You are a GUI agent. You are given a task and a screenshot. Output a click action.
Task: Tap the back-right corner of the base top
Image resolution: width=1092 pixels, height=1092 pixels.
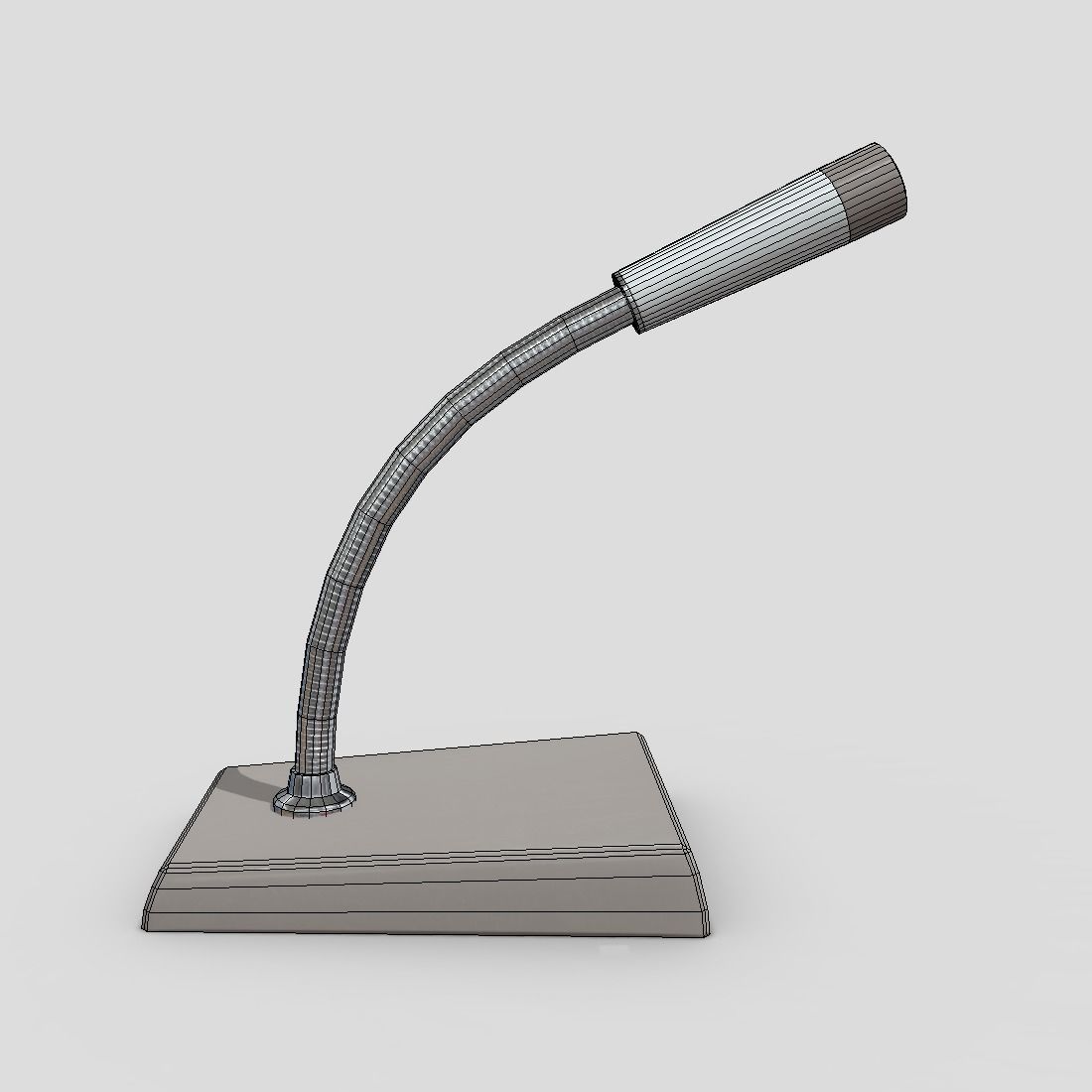[636, 735]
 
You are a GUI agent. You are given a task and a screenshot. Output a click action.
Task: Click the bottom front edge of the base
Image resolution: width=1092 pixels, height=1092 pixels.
[427, 931]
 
